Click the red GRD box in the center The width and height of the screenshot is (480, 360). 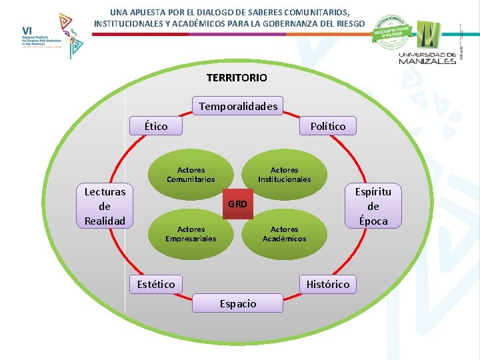coord(237,204)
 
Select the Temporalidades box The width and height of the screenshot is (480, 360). coord(238,106)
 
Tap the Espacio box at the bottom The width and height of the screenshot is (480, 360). coord(237,303)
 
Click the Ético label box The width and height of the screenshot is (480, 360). coord(156,126)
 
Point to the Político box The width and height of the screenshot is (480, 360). coord(327,126)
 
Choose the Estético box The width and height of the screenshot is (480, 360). coord(155,285)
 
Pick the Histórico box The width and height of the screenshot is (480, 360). coord(327,285)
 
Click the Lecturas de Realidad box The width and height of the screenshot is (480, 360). coord(105,206)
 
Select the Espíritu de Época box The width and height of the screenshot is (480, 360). coord(373,206)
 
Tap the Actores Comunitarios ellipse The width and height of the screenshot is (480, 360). coord(191,175)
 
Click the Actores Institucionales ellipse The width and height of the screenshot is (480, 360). coord(284,175)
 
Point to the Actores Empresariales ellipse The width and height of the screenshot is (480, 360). coord(191,234)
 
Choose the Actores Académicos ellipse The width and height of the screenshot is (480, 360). coord(284,234)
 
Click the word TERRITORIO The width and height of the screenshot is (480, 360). coord(237,78)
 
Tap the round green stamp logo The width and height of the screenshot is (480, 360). coord(391,31)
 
